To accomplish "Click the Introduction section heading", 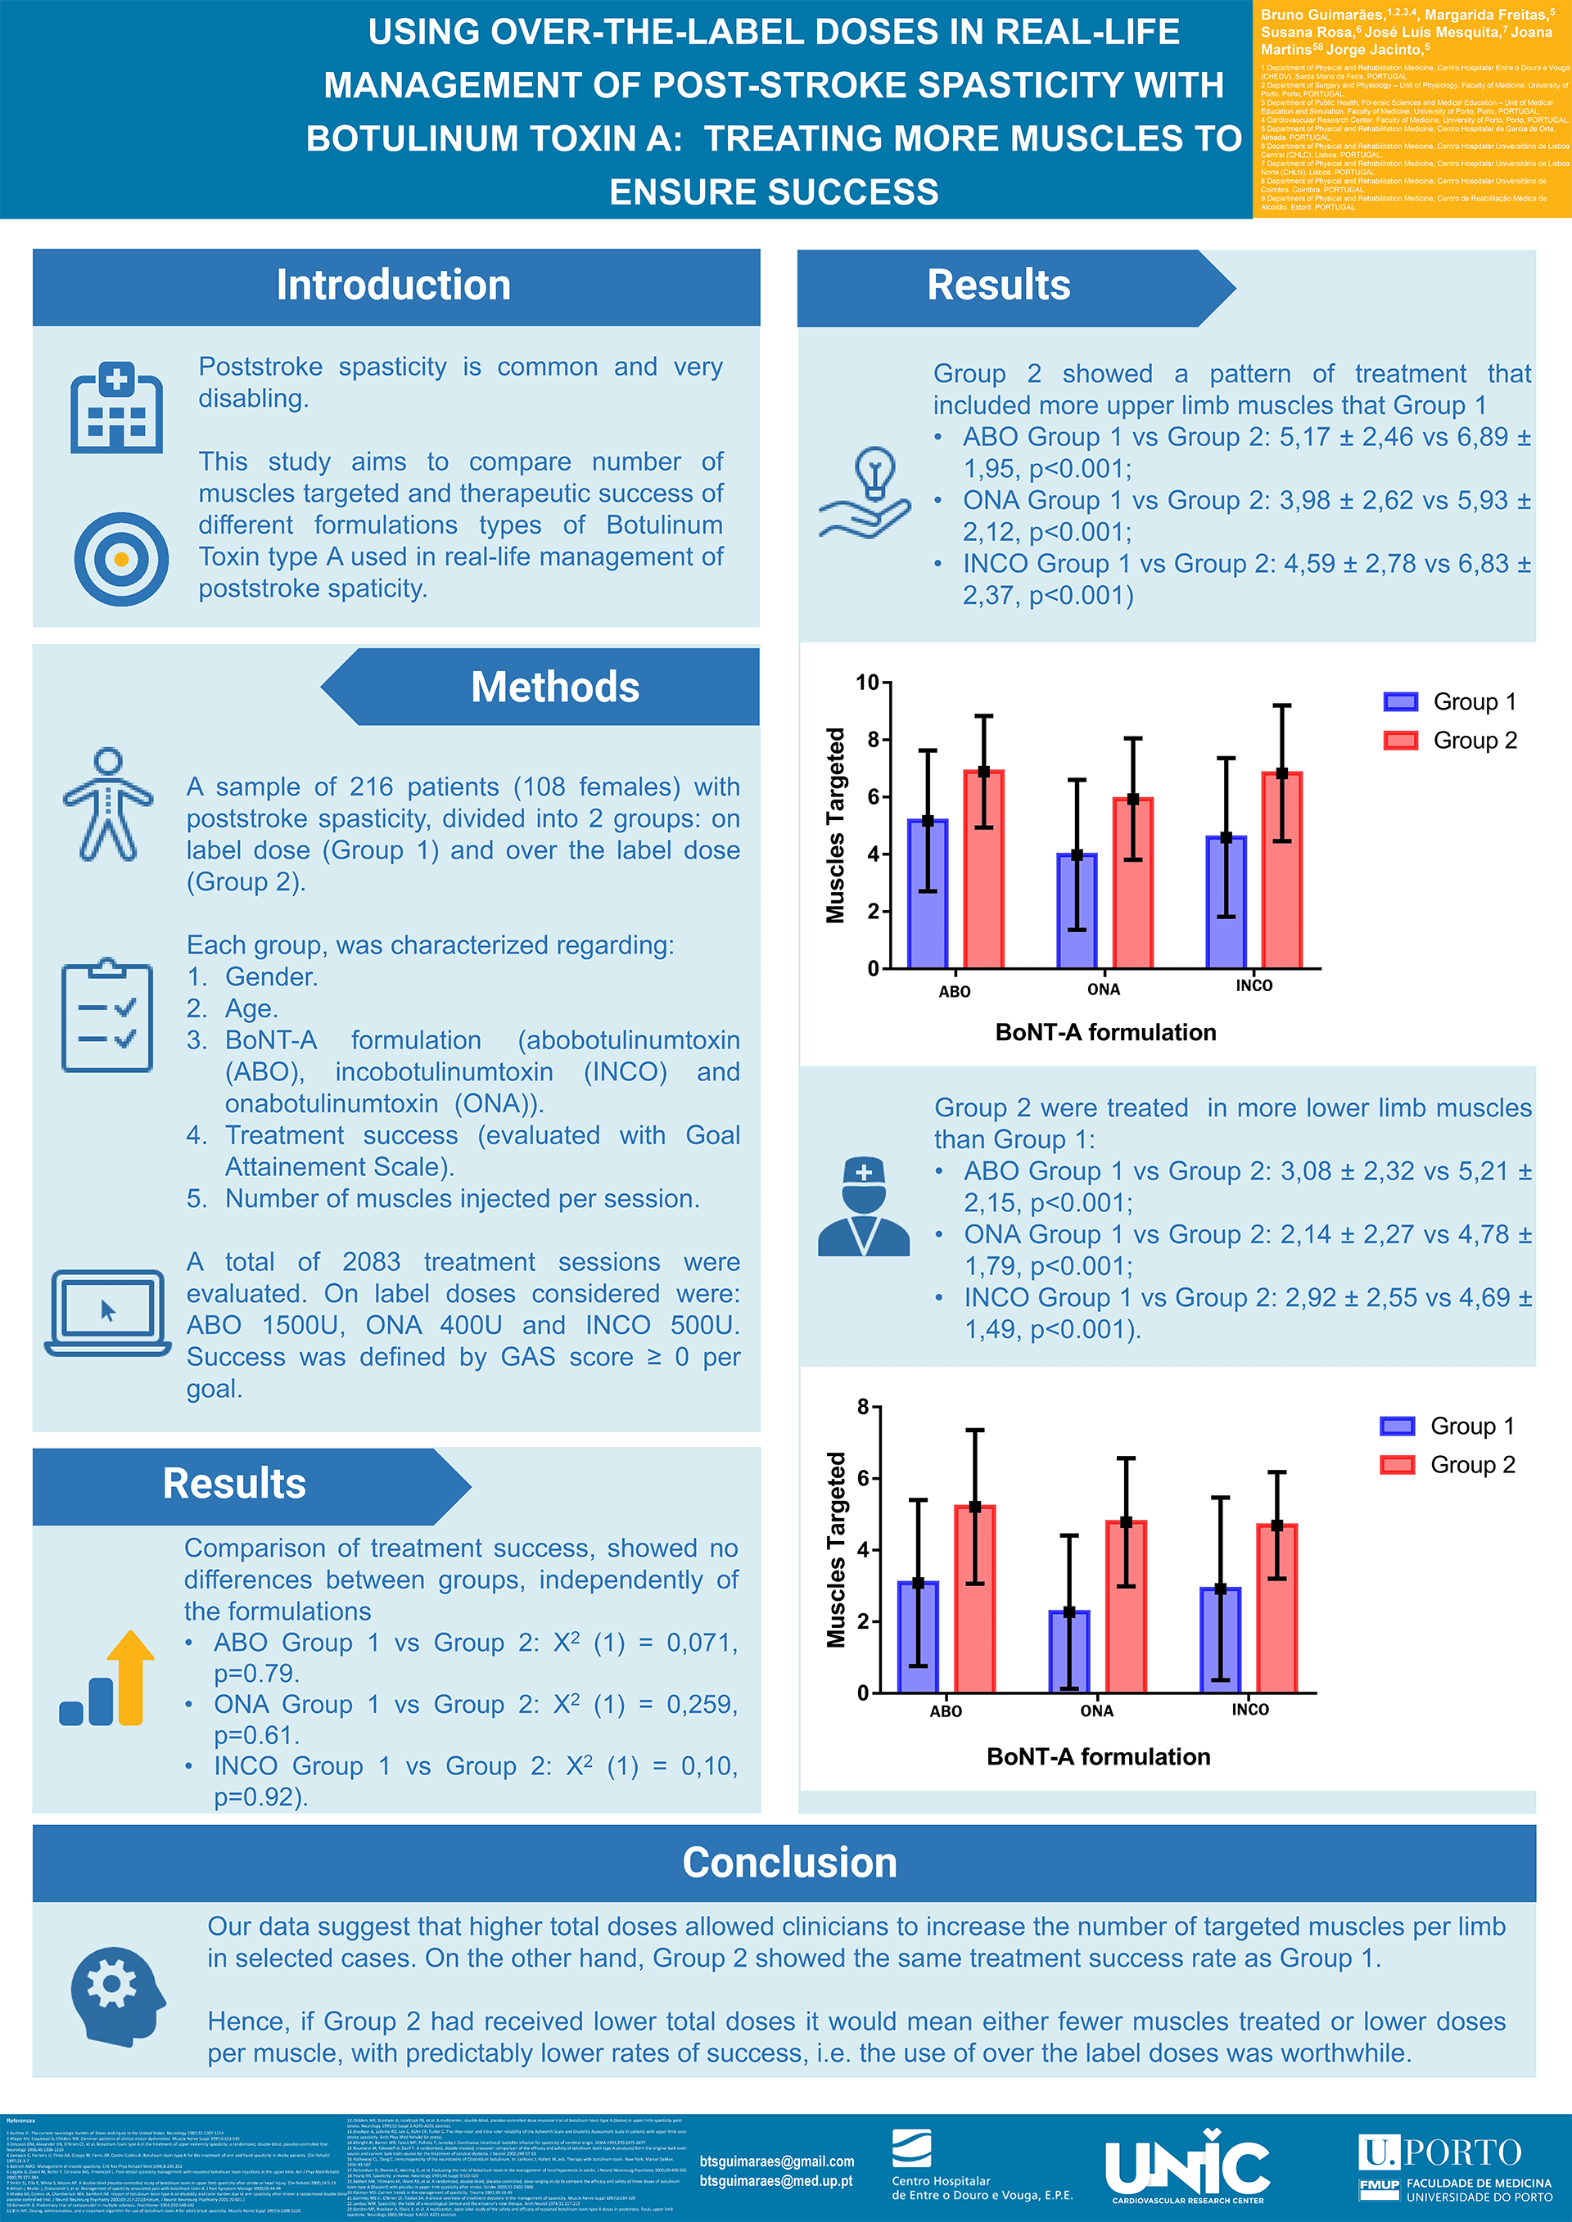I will point(393,286).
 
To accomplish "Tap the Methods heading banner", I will point(554,687).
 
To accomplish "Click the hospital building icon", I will point(116,408).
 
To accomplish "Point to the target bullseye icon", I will point(121,558).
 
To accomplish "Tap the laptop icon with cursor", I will point(107,1312).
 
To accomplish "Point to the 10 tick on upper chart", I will point(867,683).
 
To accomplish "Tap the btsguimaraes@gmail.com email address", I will point(776,2161).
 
